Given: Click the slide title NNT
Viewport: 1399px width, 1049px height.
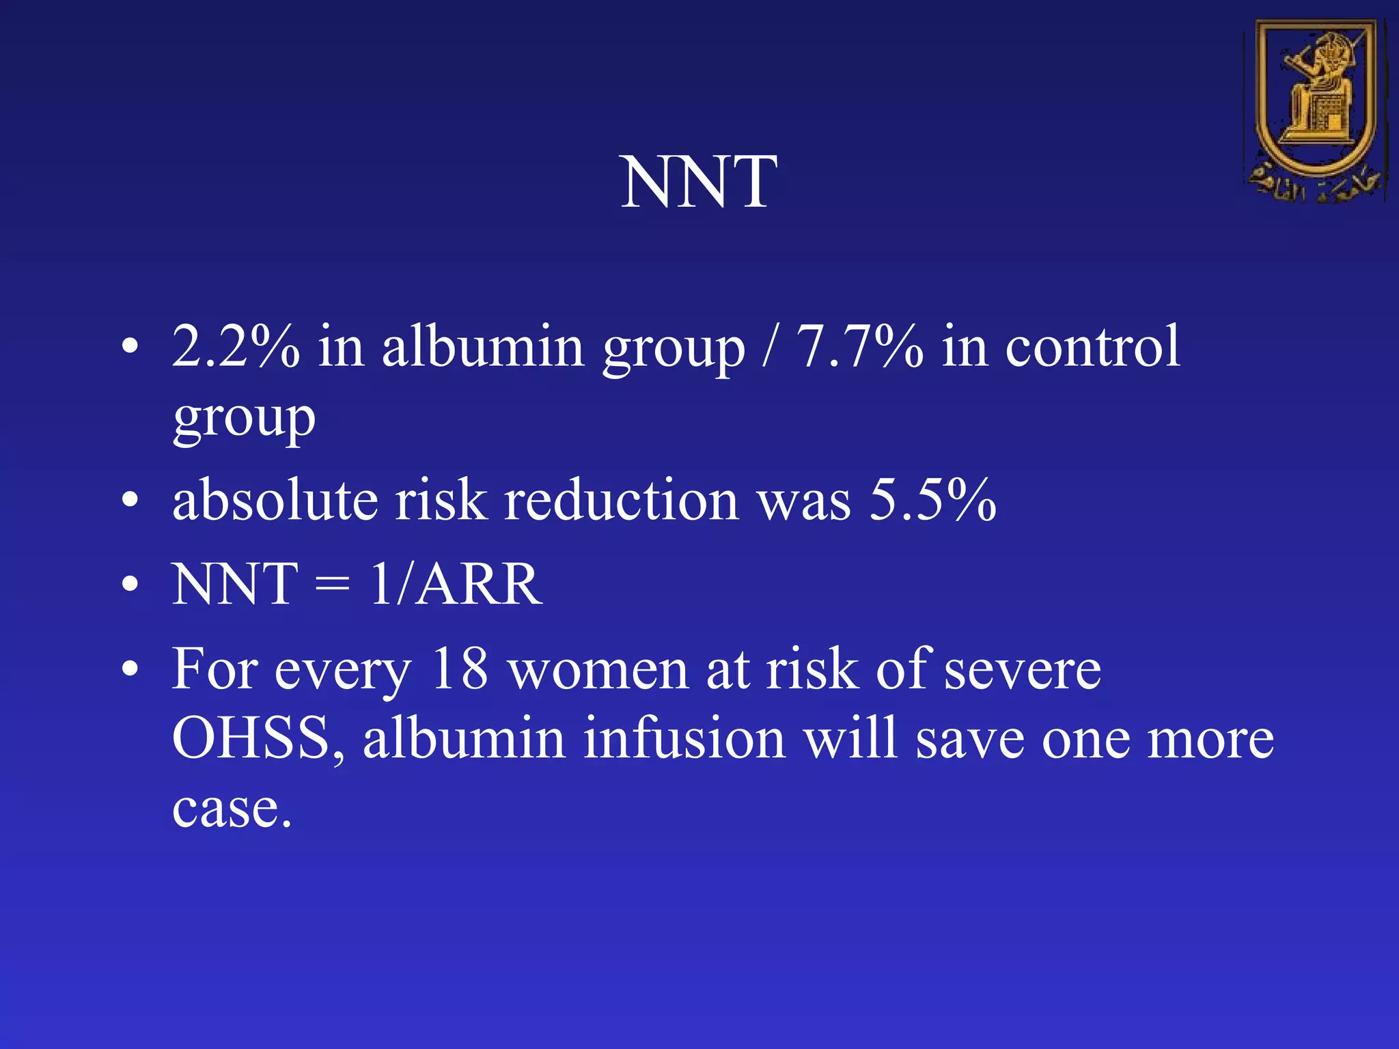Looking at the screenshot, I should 698,182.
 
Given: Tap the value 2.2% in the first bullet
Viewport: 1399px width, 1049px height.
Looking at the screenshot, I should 235,346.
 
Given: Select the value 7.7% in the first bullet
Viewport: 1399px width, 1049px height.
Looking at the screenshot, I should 859,346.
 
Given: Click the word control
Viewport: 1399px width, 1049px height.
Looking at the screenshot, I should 1092,346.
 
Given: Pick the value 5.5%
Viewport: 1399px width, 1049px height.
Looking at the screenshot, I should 932,500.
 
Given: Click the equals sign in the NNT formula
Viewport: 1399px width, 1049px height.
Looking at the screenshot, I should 333,586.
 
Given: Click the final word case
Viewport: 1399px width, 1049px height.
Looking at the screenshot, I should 231,809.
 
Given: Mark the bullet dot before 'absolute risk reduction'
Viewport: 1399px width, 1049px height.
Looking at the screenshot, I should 130,501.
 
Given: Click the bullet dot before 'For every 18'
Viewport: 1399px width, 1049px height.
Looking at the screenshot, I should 130,669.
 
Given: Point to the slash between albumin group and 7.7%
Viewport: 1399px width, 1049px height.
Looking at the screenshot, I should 771,346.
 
